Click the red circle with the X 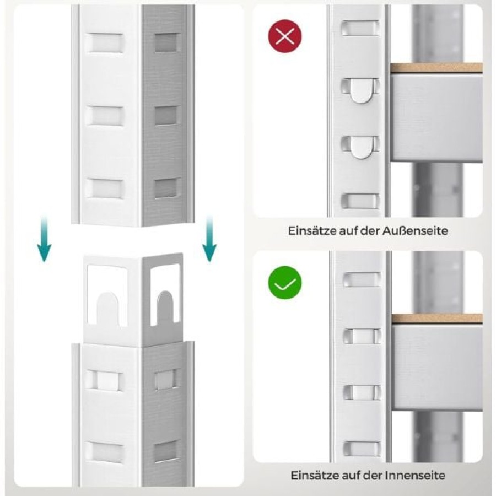point(285,36)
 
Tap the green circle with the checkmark point(285,283)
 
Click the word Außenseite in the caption point(414,230)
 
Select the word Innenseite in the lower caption point(415,475)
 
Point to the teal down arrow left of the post point(44,239)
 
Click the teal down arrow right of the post point(209,239)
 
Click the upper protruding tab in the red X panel point(360,91)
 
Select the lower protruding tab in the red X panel point(360,147)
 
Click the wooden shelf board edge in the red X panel point(436,68)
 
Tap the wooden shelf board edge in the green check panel point(437,318)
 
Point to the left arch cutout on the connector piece point(107,309)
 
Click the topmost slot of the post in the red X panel point(360,28)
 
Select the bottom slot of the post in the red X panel point(360,201)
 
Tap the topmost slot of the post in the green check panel point(362,279)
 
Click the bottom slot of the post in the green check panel point(362,449)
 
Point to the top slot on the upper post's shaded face point(167,42)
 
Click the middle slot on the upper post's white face point(105,116)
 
